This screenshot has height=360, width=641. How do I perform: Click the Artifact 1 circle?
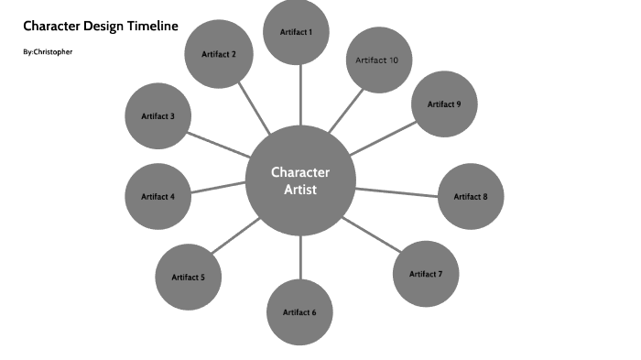tap(296, 32)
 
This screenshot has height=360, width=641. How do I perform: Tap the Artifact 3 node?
tap(158, 116)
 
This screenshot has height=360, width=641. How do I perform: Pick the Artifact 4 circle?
tap(158, 196)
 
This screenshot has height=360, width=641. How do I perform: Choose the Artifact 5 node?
tap(188, 277)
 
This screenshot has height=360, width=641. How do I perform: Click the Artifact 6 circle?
tap(299, 312)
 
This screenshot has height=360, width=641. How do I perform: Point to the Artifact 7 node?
tap(426, 274)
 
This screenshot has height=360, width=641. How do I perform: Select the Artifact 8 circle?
tap(471, 196)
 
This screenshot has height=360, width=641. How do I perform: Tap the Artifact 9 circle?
tap(444, 104)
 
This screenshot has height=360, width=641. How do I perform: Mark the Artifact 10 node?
tap(376, 60)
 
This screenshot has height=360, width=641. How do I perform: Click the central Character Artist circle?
tap(300, 180)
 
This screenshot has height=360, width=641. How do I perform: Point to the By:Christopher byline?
tap(48, 52)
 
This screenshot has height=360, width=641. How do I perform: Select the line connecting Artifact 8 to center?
tap(397, 191)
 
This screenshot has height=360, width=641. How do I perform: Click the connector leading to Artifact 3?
tap(217, 142)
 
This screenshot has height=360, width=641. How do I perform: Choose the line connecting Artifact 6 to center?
tap(300, 257)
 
